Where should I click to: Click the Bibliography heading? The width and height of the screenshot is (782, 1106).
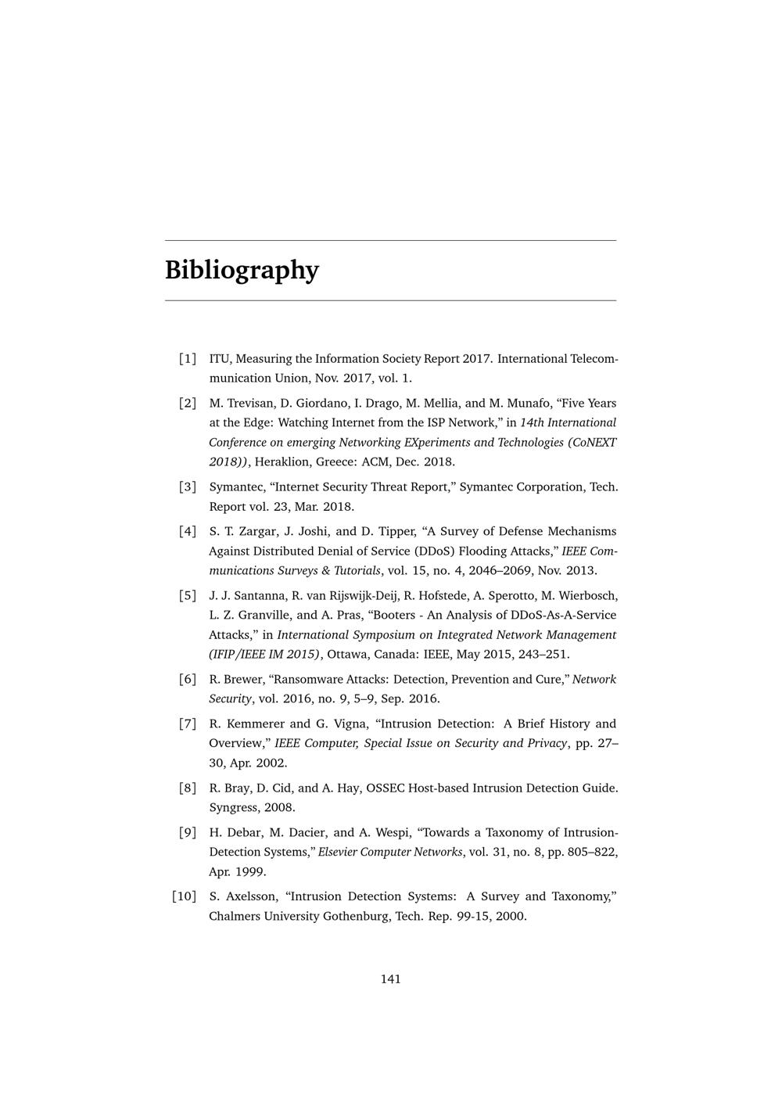pos(242,270)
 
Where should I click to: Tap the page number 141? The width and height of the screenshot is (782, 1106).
pos(391,979)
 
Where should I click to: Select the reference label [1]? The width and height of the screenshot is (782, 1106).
pos(187,359)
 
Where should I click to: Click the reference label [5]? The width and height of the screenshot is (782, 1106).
pos(187,595)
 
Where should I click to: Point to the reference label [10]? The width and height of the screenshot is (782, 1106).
pos(184,896)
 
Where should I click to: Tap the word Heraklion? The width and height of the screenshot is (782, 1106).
pos(285,461)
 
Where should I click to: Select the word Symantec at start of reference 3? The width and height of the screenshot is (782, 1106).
pos(233,487)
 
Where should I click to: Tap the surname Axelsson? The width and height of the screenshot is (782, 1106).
pos(251,896)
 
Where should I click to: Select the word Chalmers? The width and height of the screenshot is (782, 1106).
pos(235,916)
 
